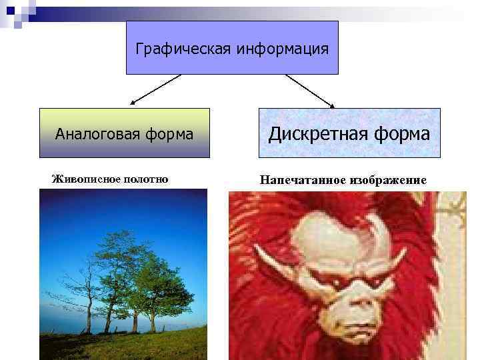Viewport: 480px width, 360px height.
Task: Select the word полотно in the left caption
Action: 141,178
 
